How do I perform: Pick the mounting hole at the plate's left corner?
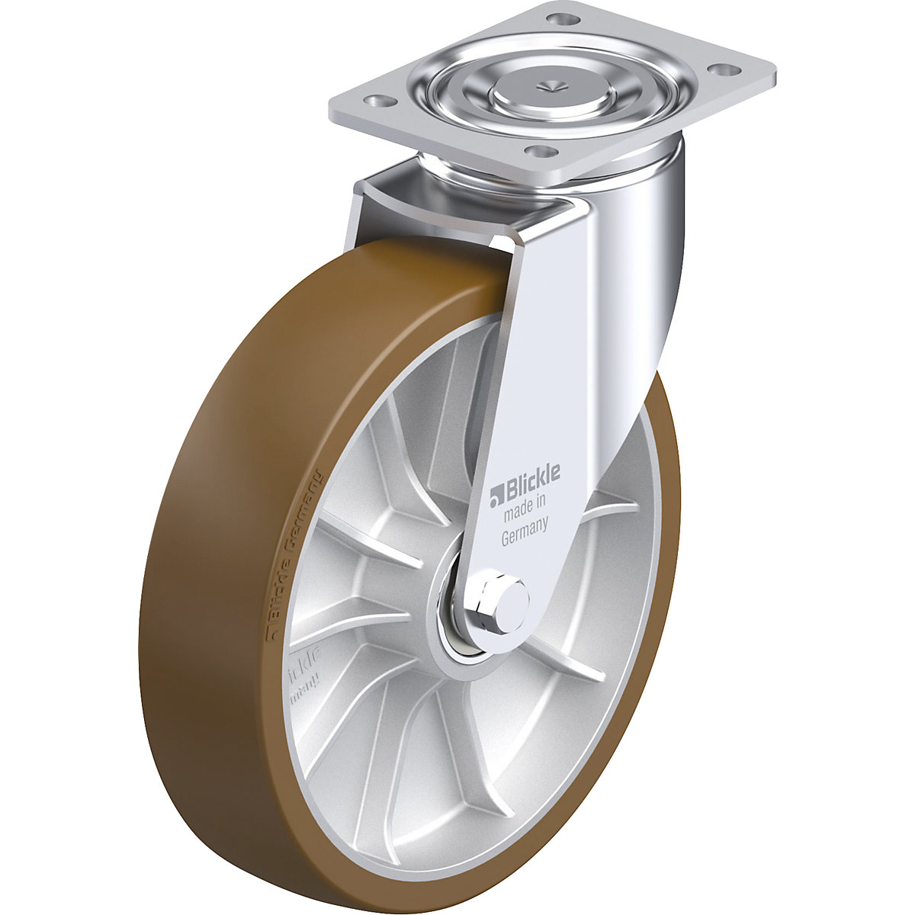pos(375,100)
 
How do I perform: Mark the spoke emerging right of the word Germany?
pos(610,503)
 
